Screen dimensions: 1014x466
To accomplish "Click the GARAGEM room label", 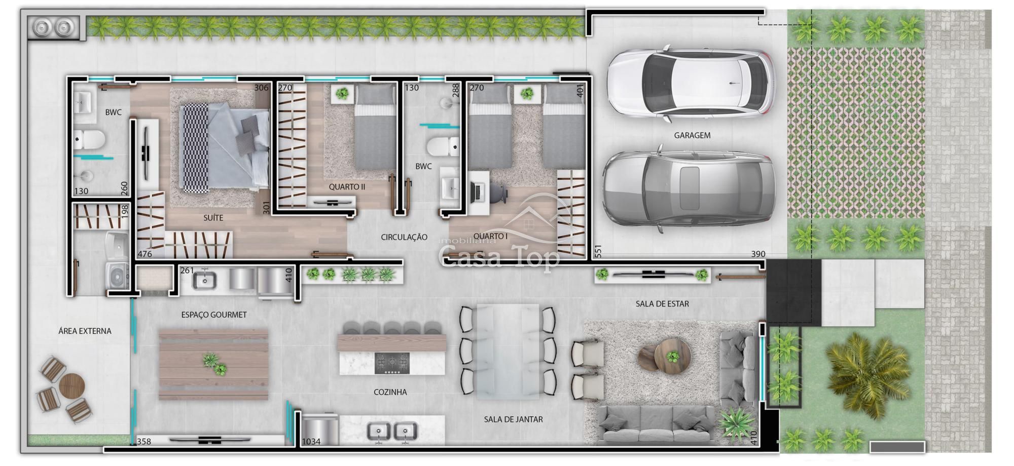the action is pyautogui.click(x=692, y=136).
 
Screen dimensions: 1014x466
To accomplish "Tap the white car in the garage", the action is pyautogui.click(x=691, y=84).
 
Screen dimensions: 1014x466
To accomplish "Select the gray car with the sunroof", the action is pyautogui.click(x=689, y=188).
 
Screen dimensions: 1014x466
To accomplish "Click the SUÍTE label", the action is pyautogui.click(x=213, y=218).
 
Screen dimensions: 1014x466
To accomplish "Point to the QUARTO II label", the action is pyautogui.click(x=347, y=187).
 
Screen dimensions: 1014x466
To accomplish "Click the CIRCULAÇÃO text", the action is pyautogui.click(x=404, y=237).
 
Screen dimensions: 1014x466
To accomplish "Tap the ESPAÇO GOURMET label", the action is pyautogui.click(x=214, y=315).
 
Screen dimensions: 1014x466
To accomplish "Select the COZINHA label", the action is pyautogui.click(x=390, y=392).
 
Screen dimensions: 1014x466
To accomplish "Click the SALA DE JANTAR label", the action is pyautogui.click(x=513, y=419).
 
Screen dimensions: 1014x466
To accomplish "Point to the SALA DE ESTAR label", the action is pyautogui.click(x=662, y=304).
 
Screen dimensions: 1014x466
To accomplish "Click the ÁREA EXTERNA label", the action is pyautogui.click(x=85, y=331).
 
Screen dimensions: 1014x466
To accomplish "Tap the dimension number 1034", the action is pyautogui.click(x=311, y=442).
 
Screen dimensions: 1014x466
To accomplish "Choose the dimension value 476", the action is pyautogui.click(x=144, y=254).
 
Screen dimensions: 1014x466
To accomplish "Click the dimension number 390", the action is pyautogui.click(x=758, y=254).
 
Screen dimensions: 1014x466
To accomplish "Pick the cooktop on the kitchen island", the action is pyautogui.click(x=392, y=363).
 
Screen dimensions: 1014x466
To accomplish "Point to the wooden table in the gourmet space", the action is pyautogui.click(x=213, y=365).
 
